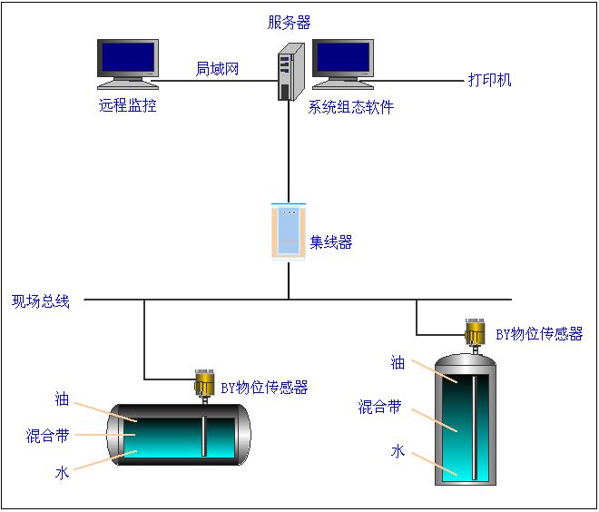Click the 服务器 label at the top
289,22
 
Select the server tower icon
288,71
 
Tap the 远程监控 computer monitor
128,64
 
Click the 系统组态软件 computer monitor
343,64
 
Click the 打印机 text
490,80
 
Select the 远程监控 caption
128,105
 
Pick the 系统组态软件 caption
351,107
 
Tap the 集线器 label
330,242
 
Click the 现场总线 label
41,300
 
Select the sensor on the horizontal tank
203,383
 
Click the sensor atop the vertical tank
474,333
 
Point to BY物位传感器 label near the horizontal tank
264,388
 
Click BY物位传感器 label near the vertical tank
539,334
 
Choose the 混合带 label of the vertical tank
379,407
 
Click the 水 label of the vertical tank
398,451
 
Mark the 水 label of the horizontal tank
62,472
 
